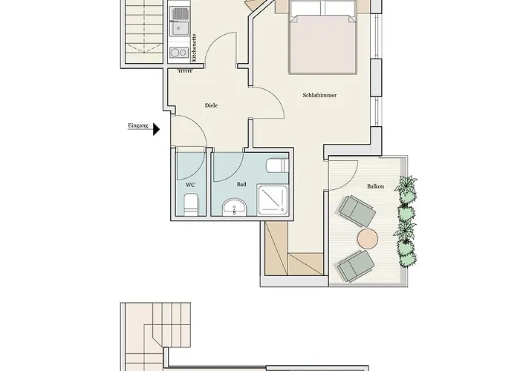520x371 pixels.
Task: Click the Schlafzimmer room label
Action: point(316,95)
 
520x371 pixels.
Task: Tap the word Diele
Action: point(211,105)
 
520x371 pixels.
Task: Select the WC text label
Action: point(190,184)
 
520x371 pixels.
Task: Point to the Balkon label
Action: point(375,187)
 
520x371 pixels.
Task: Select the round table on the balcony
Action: point(368,238)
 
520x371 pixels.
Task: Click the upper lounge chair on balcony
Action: point(357,211)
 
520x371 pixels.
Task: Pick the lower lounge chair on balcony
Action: point(356,264)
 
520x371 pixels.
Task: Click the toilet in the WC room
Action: point(190,203)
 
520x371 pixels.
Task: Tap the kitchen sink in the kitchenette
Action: point(179,28)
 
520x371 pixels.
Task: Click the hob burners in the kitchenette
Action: point(178,52)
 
